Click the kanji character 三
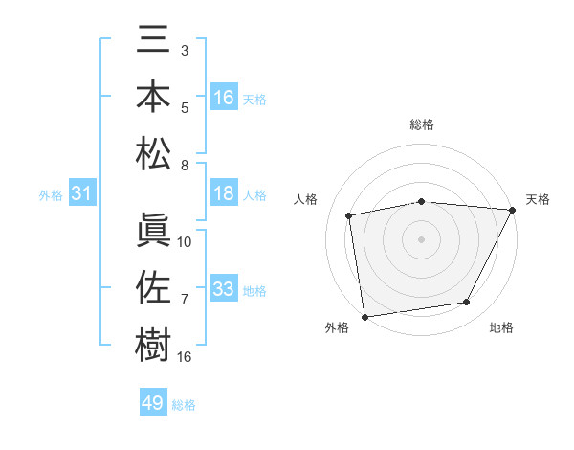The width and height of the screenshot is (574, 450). (154, 44)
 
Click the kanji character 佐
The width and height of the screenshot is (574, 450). (154, 286)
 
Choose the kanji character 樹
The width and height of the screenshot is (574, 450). (154, 342)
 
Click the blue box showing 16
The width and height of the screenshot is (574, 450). (224, 97)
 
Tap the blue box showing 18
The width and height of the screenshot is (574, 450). (224, 194)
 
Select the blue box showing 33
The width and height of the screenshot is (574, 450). (224, 289)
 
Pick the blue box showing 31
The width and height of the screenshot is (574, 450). (82, 194)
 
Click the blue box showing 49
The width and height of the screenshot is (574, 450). (153, 403)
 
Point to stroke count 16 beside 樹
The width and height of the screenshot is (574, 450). (185, 357)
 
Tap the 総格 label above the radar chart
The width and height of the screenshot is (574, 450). (422, 124)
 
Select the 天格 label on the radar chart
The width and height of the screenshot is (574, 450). (538, 199)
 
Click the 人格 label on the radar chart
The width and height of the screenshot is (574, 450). (306, 199)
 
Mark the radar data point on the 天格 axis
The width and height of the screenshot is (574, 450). (513, 210)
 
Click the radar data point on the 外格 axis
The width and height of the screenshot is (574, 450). (364, 316)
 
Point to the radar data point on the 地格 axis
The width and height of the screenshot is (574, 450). (467, 303)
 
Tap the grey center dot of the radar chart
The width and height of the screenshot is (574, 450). (422, 238)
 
